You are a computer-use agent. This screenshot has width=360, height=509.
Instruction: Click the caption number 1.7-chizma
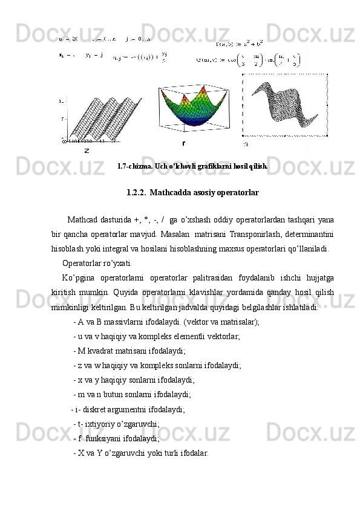[135, 165]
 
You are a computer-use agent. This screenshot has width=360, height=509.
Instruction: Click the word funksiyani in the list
[105, 438]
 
